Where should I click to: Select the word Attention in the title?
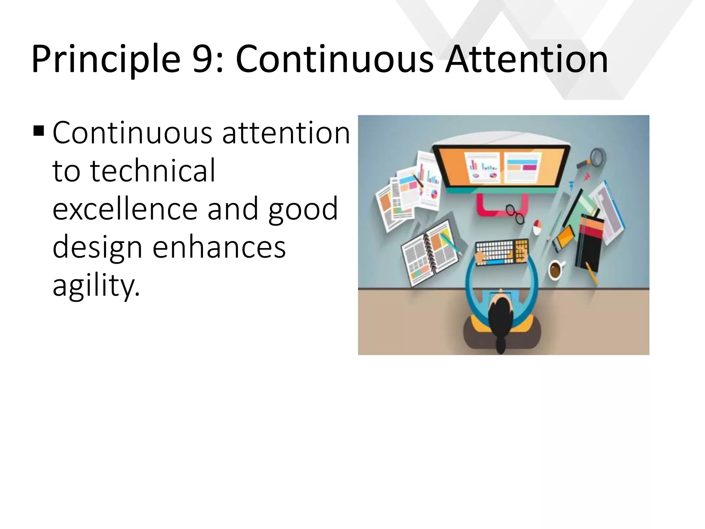526,59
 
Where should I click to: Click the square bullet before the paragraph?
39,131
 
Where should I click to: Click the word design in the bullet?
97,247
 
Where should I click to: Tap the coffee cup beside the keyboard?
555,270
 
